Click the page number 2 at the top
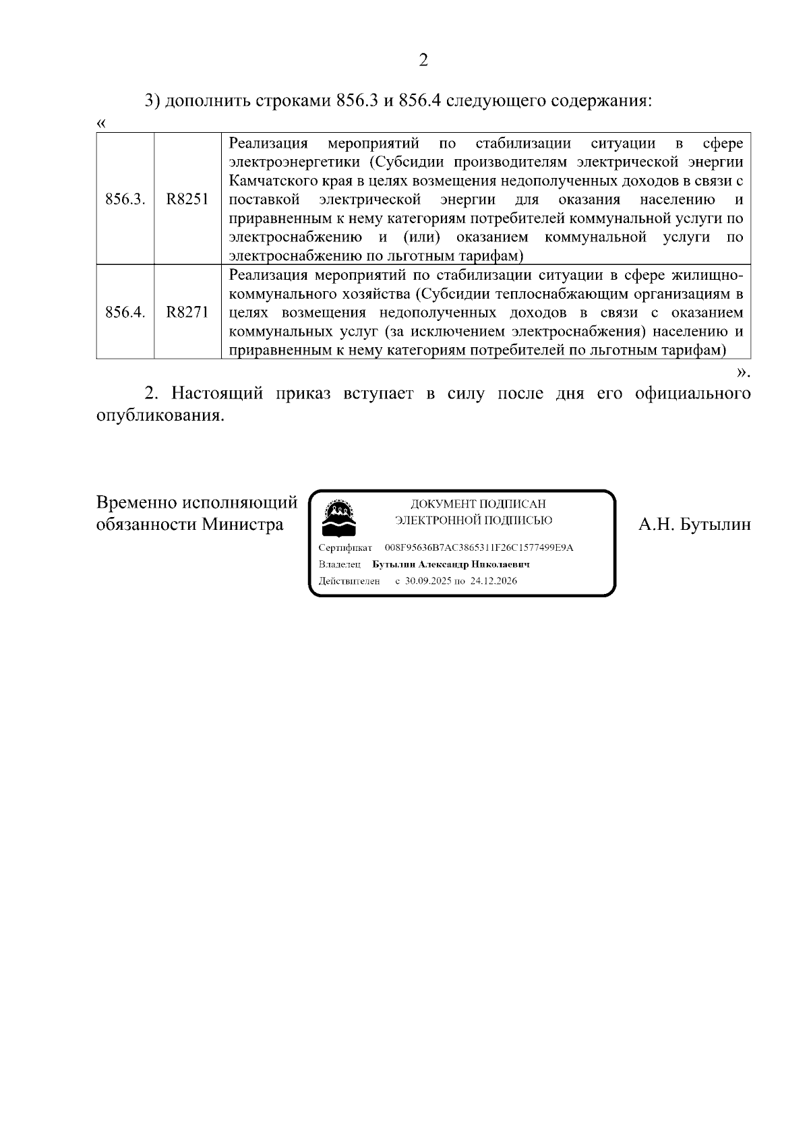pyautogui.click(x=423, y=61)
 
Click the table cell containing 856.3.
pyautogui.click(x=125, y=200)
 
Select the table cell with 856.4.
pyautogui.click(x=125, y=312)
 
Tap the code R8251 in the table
pyautogui.click(x=187, y=200)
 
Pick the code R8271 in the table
pyautogui.click(x=187, y=312)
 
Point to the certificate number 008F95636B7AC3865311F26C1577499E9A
pyautogui.click(x=479, y=547)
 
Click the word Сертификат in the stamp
pyautogui.click(x=345, y=547)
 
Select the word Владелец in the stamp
pyautogui.click(x=340, y=564)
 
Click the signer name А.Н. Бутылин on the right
pyautogui.click(x=694, y=524)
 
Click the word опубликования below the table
pyautogui.click(x=159, y=415)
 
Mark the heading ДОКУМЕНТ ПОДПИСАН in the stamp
pyautogui.click(x=478, y=504)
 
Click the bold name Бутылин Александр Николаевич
pyautogui.click(x=451, y=564)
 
